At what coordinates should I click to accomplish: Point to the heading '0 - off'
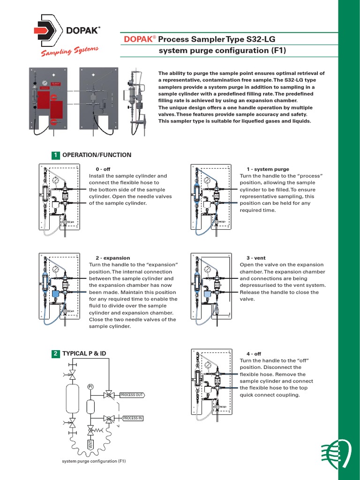coord(103,169)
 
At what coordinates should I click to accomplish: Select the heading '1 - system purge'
coord(268,169)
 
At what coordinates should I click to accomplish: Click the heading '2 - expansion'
coord(112,258)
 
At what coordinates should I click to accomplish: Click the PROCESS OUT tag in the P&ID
coord(132,395)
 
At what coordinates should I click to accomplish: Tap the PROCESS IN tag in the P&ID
coord(133,418)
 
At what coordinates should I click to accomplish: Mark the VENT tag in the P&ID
coord(90,445)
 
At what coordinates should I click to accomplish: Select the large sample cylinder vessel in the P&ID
coord(72,398)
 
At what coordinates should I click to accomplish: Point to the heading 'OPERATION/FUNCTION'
coord(97,155)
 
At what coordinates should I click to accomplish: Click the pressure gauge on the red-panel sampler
coord(44,82)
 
